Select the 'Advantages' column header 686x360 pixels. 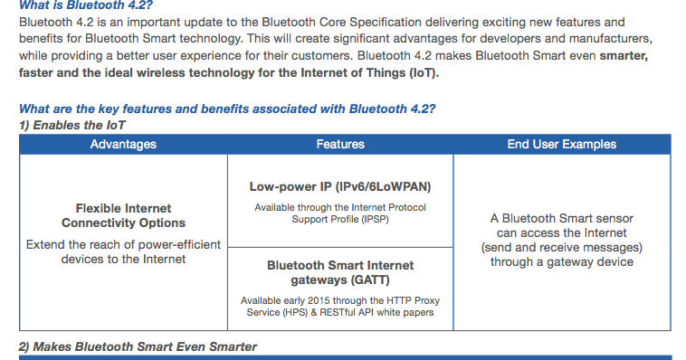click(x=123, y=144)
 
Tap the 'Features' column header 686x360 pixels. click(x=340, y=144)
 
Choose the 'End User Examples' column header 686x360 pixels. click(x=561, y=144)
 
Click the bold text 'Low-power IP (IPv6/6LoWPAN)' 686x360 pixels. click(x=340, y=187)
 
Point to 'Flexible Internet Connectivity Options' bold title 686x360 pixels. click(x=123, y=215)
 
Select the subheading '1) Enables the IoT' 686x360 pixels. click(x=72, y=125)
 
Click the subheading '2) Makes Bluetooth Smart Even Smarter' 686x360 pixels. click(x=138, y=346)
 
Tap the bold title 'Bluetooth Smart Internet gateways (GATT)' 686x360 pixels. click(x=340, y=272)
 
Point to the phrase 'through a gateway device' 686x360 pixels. click(x=561, y=262)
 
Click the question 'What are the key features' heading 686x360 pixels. click(x=227, y=109)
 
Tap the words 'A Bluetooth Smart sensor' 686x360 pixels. click(x=561, y=219)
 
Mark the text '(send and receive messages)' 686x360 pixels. click(x=561, y=248)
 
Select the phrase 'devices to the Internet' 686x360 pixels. click(x=123, y=260)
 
